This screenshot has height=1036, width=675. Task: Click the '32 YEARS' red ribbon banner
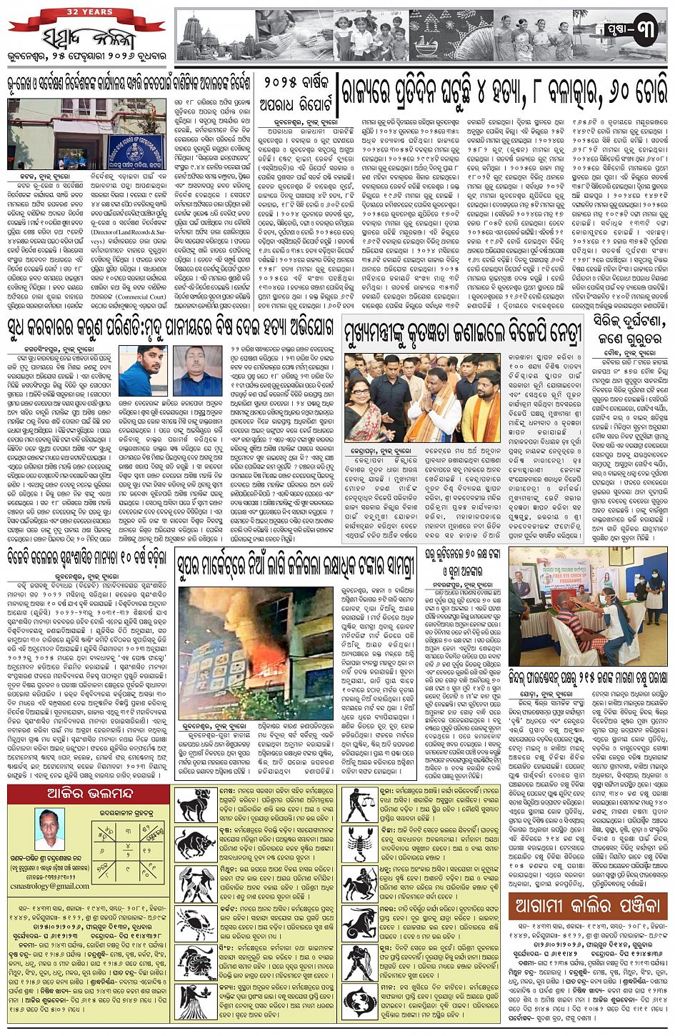(85, 12)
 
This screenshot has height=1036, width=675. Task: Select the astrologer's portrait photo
(49, 830)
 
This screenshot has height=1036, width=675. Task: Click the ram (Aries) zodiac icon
(191, 805)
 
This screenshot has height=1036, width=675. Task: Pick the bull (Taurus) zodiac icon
(191, 844)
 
